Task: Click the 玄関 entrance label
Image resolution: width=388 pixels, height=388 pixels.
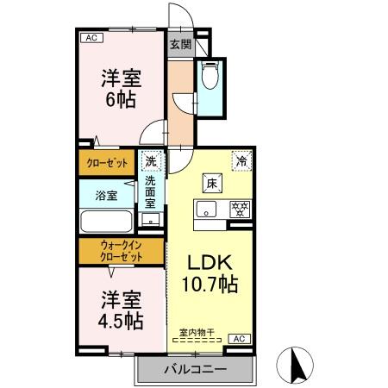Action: coord(179,46)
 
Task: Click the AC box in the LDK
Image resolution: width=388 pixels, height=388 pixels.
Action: coord(240,339)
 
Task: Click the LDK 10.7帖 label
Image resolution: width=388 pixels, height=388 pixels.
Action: coord(208,272)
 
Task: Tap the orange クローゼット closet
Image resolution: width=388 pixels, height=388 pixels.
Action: coord(108,162)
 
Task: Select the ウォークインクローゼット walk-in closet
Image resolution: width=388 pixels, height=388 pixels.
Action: coord(120,251)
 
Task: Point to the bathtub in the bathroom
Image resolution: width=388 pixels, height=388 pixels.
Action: coord(107,222)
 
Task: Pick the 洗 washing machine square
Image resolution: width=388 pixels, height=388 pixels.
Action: coord(152,161)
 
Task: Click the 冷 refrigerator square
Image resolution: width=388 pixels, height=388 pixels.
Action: coord(242,161)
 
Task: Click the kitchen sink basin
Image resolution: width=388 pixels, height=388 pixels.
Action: coord(207,209)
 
